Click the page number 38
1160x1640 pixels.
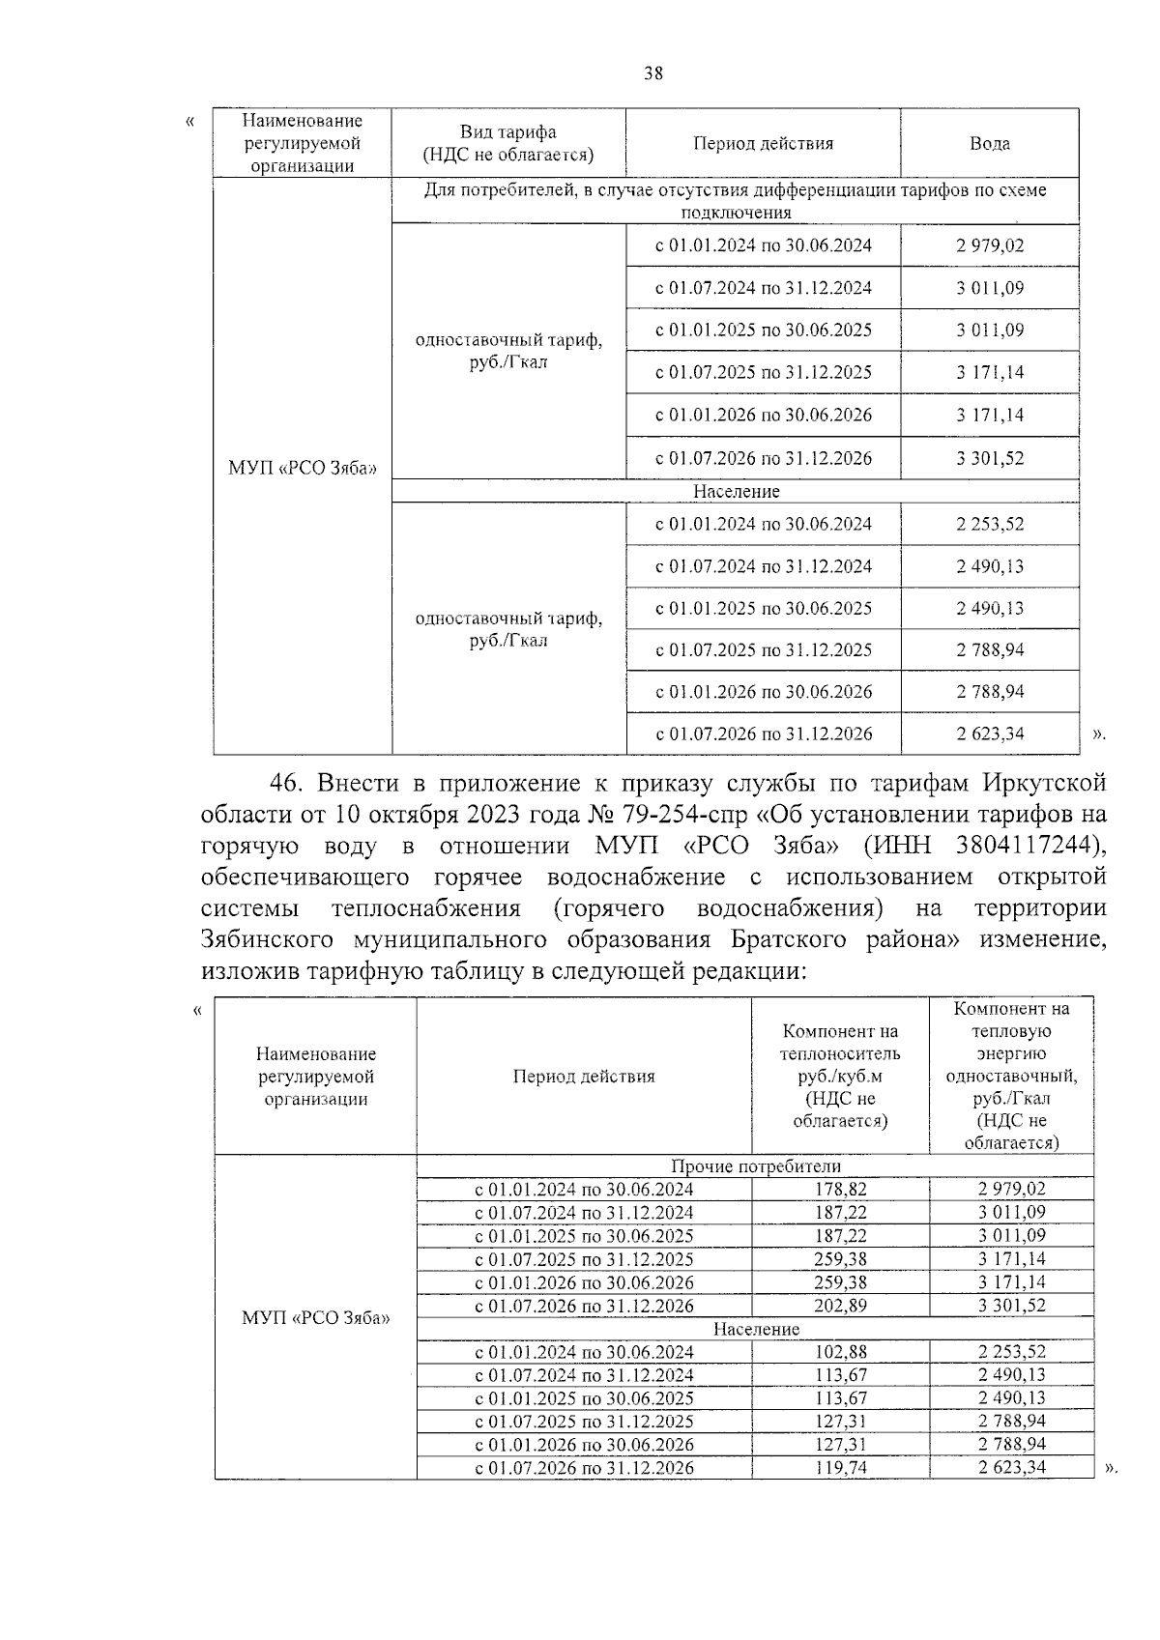[653, 73]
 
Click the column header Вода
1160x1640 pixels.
[990, 143]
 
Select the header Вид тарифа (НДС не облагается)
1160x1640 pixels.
[508, 143]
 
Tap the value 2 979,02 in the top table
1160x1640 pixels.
[990, 245]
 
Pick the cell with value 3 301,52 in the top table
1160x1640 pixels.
[990, 458]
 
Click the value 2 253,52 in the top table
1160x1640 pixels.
[990, 524]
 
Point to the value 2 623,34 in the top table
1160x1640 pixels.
[990, 734]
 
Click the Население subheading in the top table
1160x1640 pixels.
[736, 491]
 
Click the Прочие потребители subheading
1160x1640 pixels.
[756, 1165]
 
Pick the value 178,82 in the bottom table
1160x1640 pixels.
[841, 1189]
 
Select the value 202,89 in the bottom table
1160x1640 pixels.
[841, 1305]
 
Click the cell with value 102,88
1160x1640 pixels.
[841, 1351]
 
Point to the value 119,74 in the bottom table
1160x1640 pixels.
[841, 1467]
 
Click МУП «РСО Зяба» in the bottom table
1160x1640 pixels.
[315, 1317]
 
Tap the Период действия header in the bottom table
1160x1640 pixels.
[584, 1076]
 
